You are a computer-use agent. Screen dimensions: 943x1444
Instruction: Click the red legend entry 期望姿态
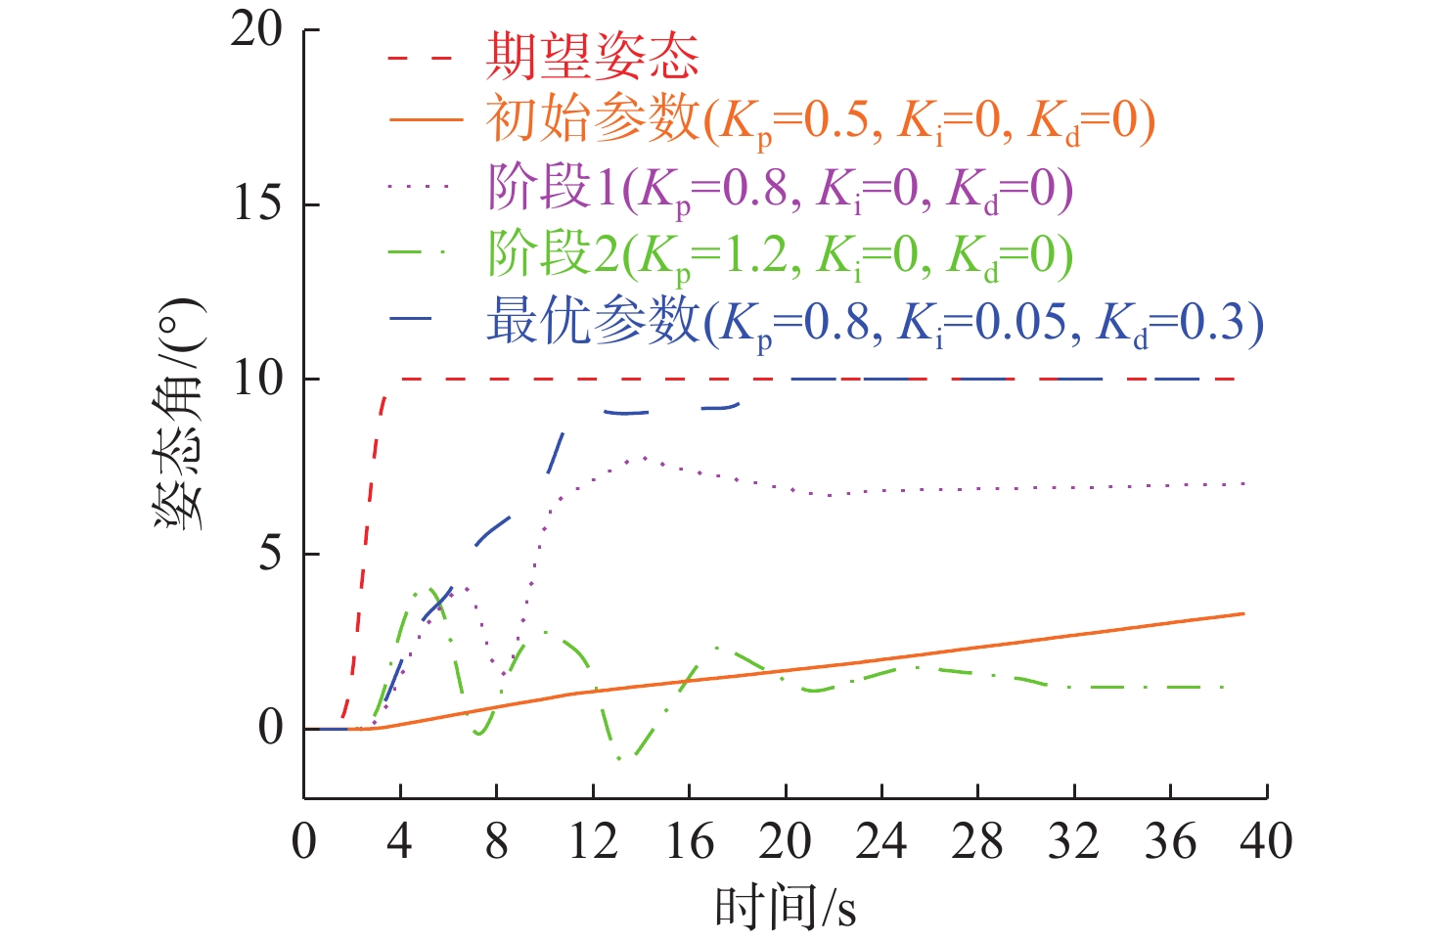tap(593, 56)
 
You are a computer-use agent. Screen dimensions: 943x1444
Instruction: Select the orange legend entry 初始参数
tap(820, 121)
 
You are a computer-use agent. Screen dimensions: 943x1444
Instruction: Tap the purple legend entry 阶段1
tap(780, 189)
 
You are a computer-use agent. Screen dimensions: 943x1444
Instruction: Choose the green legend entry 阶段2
tap(780, 255)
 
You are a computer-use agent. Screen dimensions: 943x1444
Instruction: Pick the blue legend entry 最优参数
tap(875, 322)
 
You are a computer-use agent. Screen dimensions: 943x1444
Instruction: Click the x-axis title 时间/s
tap(786, 908)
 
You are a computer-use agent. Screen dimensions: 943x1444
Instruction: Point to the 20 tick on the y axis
tap(256, 30)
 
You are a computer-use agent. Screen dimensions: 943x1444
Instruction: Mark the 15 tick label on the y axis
tap(256, 204)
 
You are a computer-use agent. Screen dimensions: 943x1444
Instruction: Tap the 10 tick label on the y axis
tap(256, 379)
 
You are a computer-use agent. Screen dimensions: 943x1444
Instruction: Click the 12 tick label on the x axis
tap(593, 841)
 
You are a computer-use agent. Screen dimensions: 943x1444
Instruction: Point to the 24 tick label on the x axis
tap(881, 841)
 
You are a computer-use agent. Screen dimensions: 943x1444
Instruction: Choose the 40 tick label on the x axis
tap(1266, 841)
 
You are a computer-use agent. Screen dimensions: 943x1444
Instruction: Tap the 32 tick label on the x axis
tap(1074, 841)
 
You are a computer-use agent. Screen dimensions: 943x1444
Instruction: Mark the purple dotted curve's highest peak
tap(643, 457)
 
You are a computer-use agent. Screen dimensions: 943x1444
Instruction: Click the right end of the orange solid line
tap(1243, 613)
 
